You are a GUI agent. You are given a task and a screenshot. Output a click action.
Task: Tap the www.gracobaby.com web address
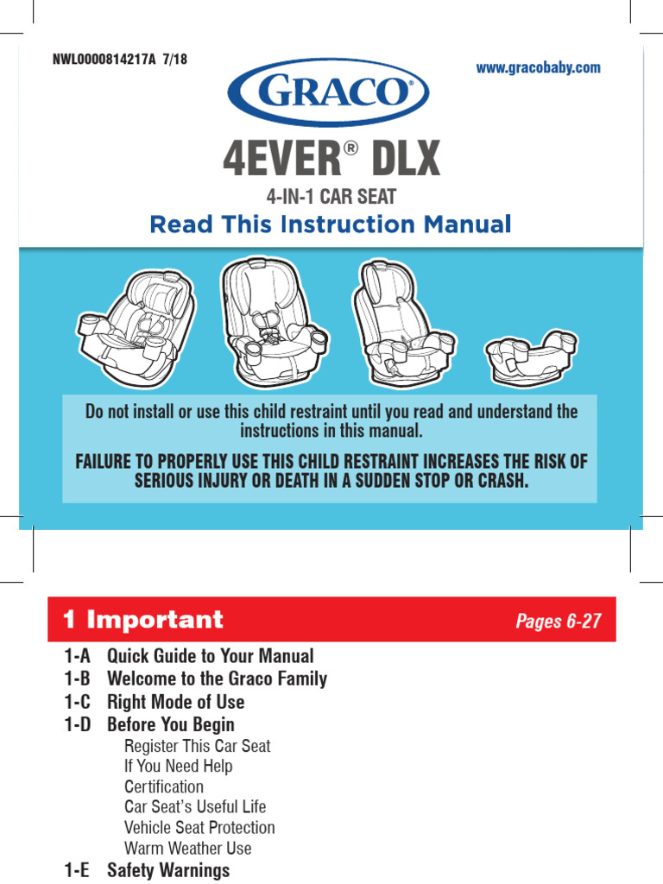[x=539, y=67]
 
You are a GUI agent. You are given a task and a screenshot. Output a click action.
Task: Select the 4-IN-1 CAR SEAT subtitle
[x=331, y=197]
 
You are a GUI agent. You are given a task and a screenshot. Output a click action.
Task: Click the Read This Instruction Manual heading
[x=331, y=224]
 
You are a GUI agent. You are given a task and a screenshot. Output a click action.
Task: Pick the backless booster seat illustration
[x=523, y=353]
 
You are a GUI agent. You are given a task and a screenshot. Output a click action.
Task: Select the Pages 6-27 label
[x=558, y=622]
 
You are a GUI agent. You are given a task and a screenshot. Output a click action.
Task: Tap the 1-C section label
[x=77, y=702]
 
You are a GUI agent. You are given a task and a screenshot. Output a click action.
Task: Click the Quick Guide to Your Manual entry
[x=210, y=656]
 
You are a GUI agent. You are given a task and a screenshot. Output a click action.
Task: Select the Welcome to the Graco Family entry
[x=217, y=679]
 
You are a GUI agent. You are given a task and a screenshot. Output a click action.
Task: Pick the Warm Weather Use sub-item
[x=188, y=848]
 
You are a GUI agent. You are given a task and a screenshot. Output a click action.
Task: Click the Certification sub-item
[x=164, y=786]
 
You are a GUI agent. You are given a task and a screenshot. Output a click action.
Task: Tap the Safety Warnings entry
[x=168, y=870]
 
